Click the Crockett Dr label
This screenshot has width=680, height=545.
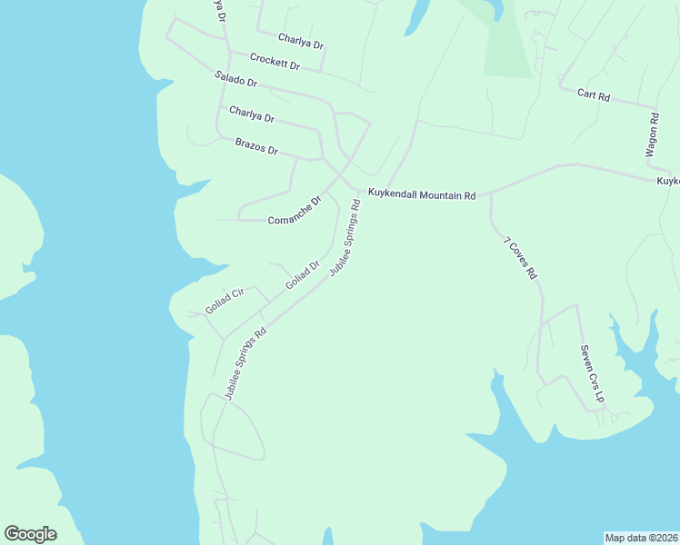click(275, 62)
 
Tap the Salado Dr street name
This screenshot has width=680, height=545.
click(236, 79)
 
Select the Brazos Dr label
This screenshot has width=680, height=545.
click(255, 145)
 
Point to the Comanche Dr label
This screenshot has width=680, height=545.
click(295, 213)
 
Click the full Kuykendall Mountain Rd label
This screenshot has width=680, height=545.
click(421, 195)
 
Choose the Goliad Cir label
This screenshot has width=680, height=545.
click(225, 300)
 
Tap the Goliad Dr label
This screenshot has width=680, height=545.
click(303, 275)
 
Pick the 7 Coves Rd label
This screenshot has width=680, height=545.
click(521, 258)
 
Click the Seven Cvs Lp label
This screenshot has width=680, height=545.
click(592, 373)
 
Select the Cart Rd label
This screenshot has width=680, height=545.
click(593, 94)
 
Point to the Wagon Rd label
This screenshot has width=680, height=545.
click(652, 136)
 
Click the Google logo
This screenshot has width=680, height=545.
click(30, 534)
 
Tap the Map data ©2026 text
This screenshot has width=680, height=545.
click(642, 538)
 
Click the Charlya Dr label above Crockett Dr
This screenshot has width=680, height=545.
click(301, 41)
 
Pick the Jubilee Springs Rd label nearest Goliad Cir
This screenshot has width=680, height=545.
click(245, 363)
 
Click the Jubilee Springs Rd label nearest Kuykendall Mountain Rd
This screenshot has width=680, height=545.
click(345, 238)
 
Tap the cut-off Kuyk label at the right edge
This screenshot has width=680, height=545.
click(668, 182)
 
